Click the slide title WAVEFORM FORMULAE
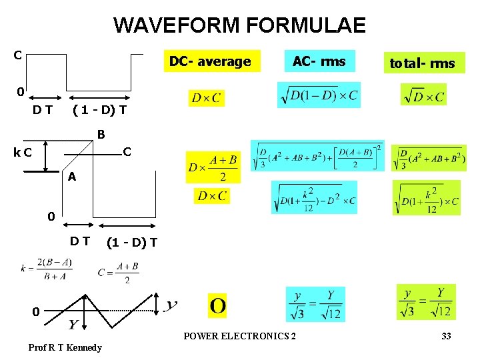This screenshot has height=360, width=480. tap(239, 26)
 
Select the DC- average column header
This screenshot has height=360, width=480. tap(210, 62)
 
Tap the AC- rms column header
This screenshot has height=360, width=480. tap(319, 61)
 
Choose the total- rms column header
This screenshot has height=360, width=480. tap(422, 63)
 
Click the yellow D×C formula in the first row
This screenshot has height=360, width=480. tap(206, 99)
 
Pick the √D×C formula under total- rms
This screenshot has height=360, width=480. tap(423, 95)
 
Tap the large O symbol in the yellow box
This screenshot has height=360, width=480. tap(217, 306)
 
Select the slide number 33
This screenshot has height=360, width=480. tap(446, 336)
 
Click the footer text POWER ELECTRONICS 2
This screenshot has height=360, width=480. tap(240, 336)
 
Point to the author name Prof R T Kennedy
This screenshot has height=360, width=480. tap(65, 347)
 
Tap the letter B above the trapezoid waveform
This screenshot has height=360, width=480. tap(101, 135)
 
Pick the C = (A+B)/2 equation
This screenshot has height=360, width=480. tap(119, 272)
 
